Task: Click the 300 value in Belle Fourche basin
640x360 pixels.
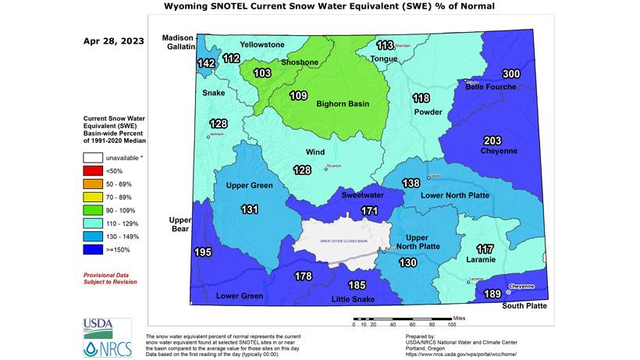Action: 510,73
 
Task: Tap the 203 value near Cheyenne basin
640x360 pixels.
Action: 492,140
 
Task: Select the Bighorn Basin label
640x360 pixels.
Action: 342,103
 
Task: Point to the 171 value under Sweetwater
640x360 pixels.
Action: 369,211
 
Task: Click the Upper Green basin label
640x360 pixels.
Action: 249,185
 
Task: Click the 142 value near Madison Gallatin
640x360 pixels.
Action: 206,63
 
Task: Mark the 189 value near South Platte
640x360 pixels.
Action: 492,293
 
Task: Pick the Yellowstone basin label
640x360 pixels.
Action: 261,45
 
